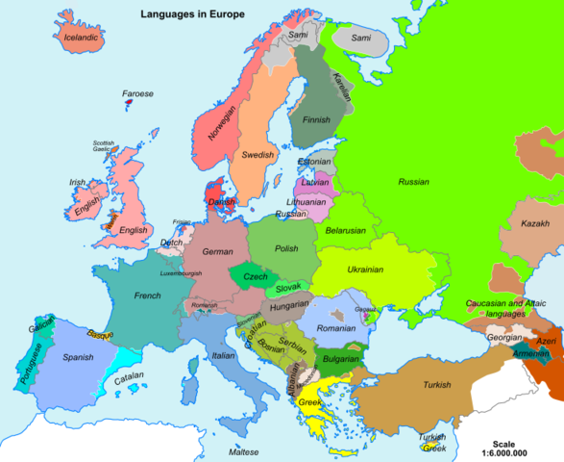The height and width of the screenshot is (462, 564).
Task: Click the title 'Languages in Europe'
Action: click(x=193, y=14)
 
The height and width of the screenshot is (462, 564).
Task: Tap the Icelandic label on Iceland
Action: click(x=82, y=38)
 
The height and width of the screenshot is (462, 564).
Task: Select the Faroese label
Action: click(x=137, y=94)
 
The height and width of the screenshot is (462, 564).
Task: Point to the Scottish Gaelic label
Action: click(x=103, y=146)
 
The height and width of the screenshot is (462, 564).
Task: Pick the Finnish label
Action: click(x=317, y=120)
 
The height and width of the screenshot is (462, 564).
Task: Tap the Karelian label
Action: click(x=341, y=86)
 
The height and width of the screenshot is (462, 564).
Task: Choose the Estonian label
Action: click(x=314, y=162)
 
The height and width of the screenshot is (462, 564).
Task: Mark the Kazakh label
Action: click(x=534, y=223)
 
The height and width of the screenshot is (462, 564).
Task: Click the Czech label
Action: click(x=255, y=276)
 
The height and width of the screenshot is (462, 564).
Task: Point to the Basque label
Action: click(x=100, y=335)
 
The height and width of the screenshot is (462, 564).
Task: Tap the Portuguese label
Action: click(x=30, y=366)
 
